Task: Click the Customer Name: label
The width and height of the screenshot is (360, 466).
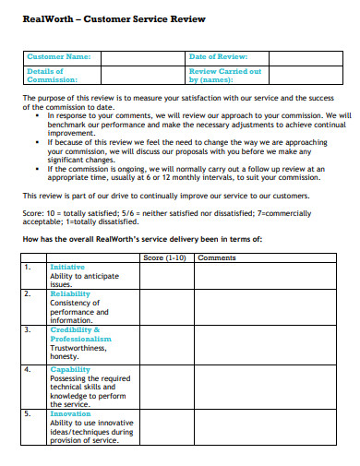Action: (59, 57)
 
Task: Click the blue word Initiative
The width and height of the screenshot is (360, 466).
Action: (67, 267)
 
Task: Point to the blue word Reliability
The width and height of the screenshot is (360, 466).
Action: (70, 293)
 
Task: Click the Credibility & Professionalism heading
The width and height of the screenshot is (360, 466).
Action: (80, 334)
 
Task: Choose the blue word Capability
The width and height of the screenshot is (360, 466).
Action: (70, 369)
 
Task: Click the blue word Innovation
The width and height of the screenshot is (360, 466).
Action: (70, 414)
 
